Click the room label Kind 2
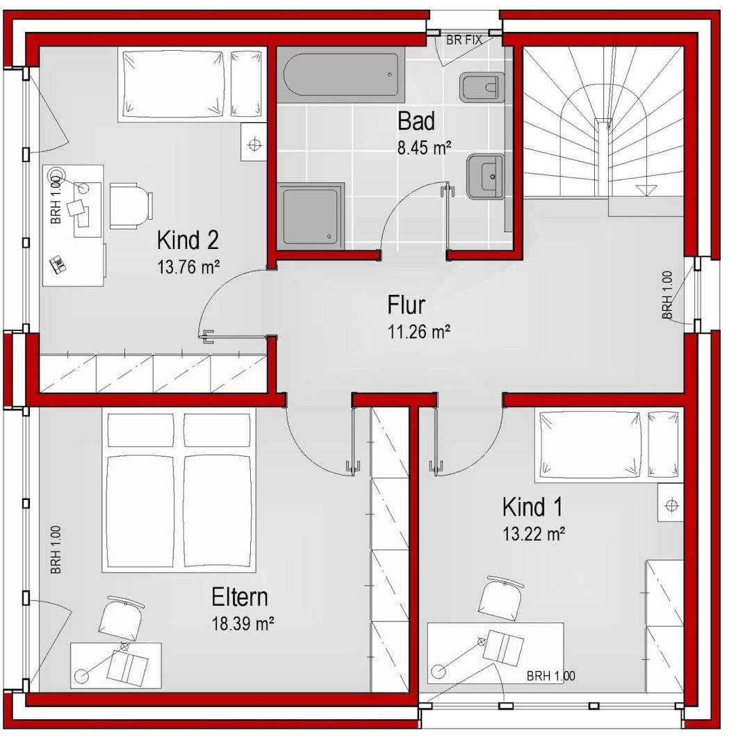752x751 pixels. click(188, 241)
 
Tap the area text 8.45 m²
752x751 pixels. click(424, 148)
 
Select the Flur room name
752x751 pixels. click(406, 305)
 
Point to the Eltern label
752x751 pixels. click(240, 597)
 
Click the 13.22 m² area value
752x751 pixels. click(533, 533)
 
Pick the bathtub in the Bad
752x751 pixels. click(341, 74)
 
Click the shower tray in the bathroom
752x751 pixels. click(311, 216)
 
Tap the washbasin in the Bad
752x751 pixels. click(485, 176)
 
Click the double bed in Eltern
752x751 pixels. click(179, 490)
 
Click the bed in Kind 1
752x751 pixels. click(609, 445)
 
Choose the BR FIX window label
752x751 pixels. click(464, 40)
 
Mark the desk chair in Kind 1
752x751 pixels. click(500, 599)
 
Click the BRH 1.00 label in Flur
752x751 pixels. click(667, 295)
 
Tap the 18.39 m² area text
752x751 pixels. click(243, 624)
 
